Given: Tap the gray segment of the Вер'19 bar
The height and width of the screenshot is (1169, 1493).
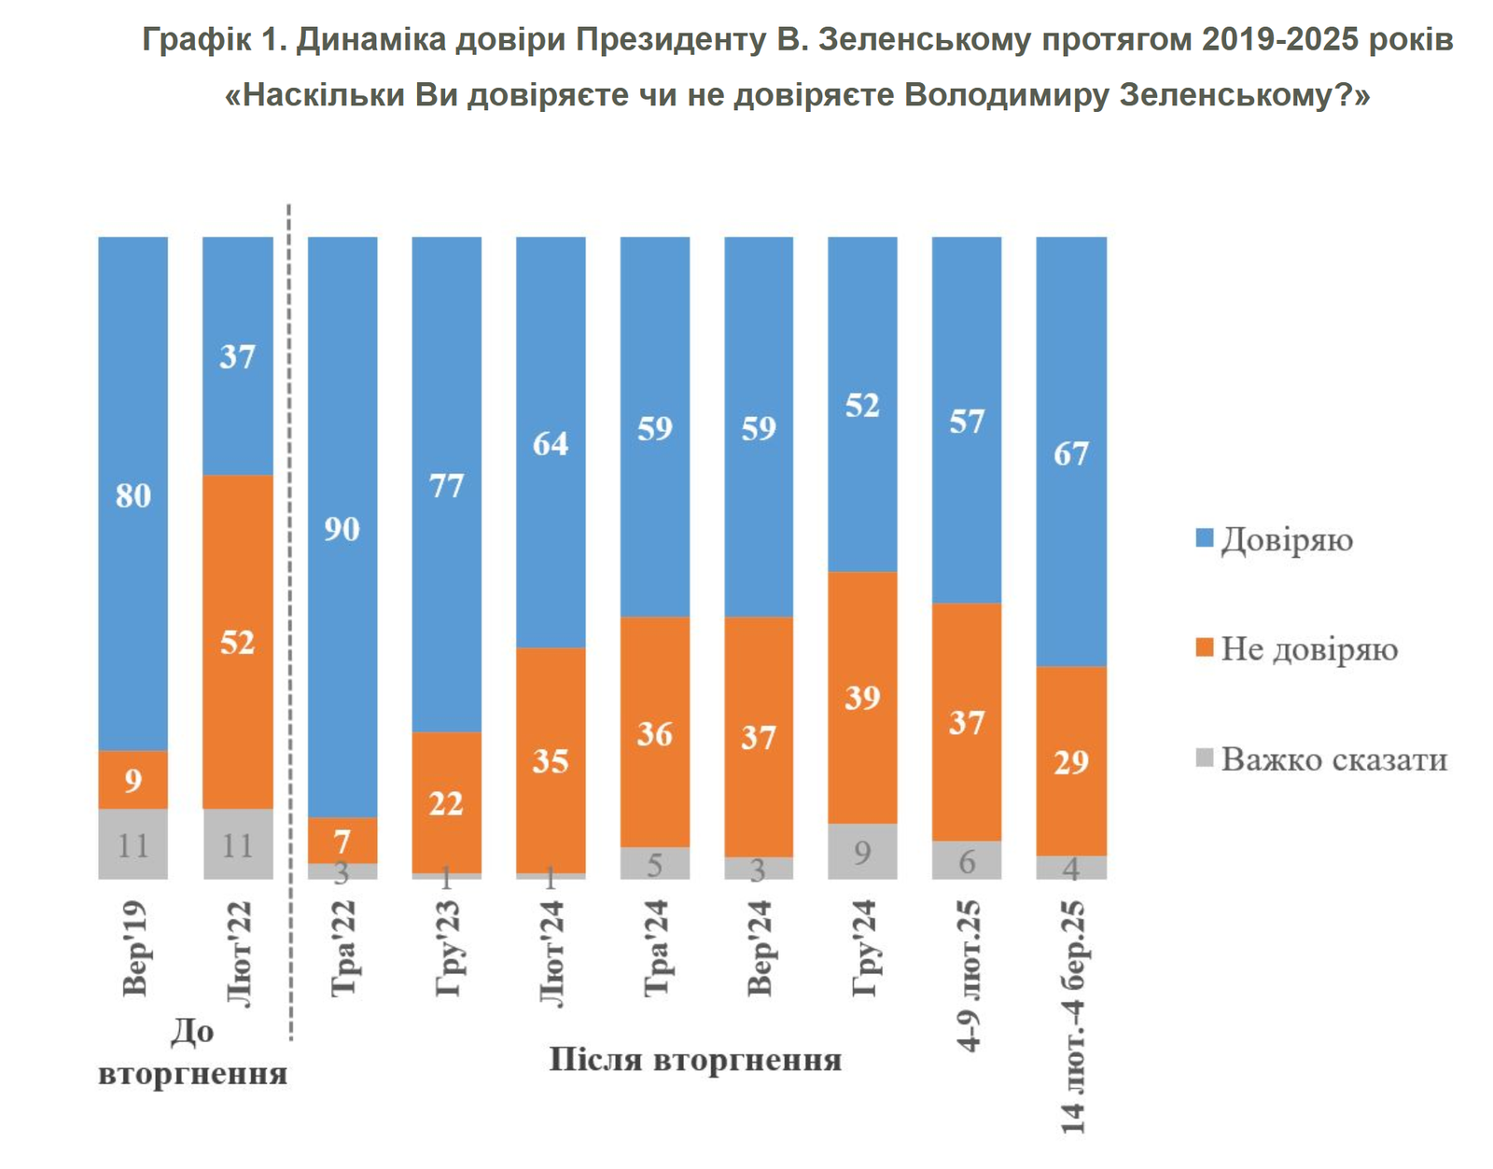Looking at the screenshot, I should click(133, 843).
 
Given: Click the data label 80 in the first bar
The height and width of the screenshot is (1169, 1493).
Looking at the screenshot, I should click(133, 495).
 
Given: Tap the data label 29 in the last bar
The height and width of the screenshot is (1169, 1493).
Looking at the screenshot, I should click(1071, 762).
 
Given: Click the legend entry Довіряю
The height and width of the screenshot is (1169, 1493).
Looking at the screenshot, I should click(1287, 540).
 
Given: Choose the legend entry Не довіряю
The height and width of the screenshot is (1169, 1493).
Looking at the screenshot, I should click(1309, 649).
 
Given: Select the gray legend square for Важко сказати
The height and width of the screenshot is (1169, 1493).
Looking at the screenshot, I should click(1205, 758).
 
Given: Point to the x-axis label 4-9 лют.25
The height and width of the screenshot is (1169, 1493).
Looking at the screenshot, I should click(970, 976).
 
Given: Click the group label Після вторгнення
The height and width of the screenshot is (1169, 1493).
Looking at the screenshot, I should click(695, 1060).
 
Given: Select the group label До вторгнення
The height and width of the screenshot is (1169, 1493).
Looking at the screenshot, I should click(193, 1052).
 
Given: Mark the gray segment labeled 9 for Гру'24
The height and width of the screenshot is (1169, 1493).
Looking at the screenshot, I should click(862, 851).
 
